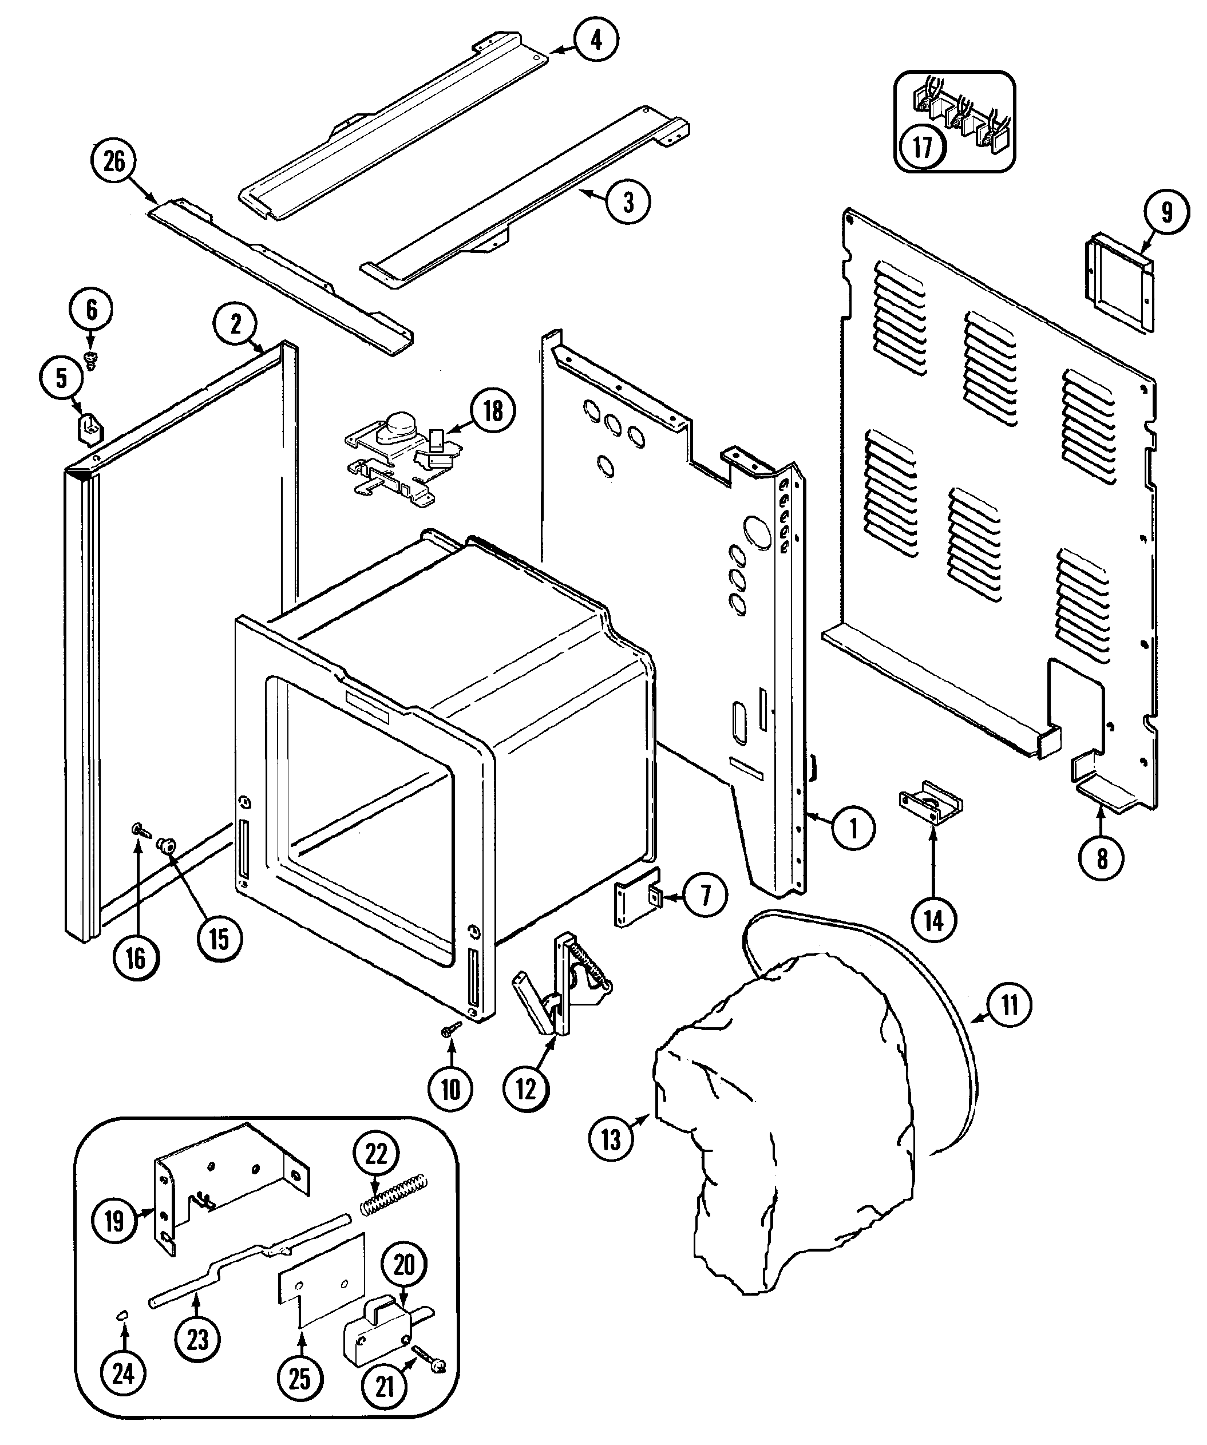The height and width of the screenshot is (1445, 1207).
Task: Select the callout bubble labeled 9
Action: click(1166, 213)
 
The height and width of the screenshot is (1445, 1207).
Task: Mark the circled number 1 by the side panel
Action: click(853, 829)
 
